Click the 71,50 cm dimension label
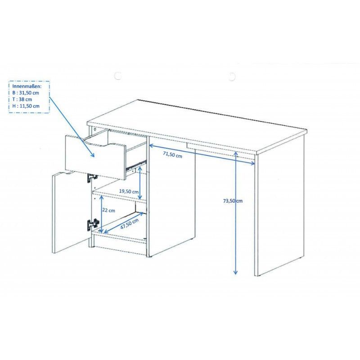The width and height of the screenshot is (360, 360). [x=172, y=154]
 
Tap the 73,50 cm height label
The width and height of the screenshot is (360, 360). [x=233, y=201]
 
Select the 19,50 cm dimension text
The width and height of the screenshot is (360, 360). [x=129, y=191]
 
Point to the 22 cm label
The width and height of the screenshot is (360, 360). [x=108, y=210]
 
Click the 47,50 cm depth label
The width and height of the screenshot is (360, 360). [x=130, y=224]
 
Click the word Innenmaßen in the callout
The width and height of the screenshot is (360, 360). [x=27, y=86]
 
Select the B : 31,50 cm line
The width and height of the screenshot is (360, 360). [x=26, y=93]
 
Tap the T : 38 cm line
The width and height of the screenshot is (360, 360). [x=22, y=99]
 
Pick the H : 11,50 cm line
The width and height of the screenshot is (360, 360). [x=26, y=106]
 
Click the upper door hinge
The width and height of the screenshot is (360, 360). [x=92, y=177]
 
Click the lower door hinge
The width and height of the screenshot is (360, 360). [x=93, y=224]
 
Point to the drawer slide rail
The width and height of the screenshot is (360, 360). [x=136, y=165]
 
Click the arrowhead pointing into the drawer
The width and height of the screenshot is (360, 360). [x=92, y=154]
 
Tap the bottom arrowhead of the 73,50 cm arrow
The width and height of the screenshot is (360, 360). [x=235, y=272]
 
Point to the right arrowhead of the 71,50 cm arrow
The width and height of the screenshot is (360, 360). [x=253, y=163]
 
